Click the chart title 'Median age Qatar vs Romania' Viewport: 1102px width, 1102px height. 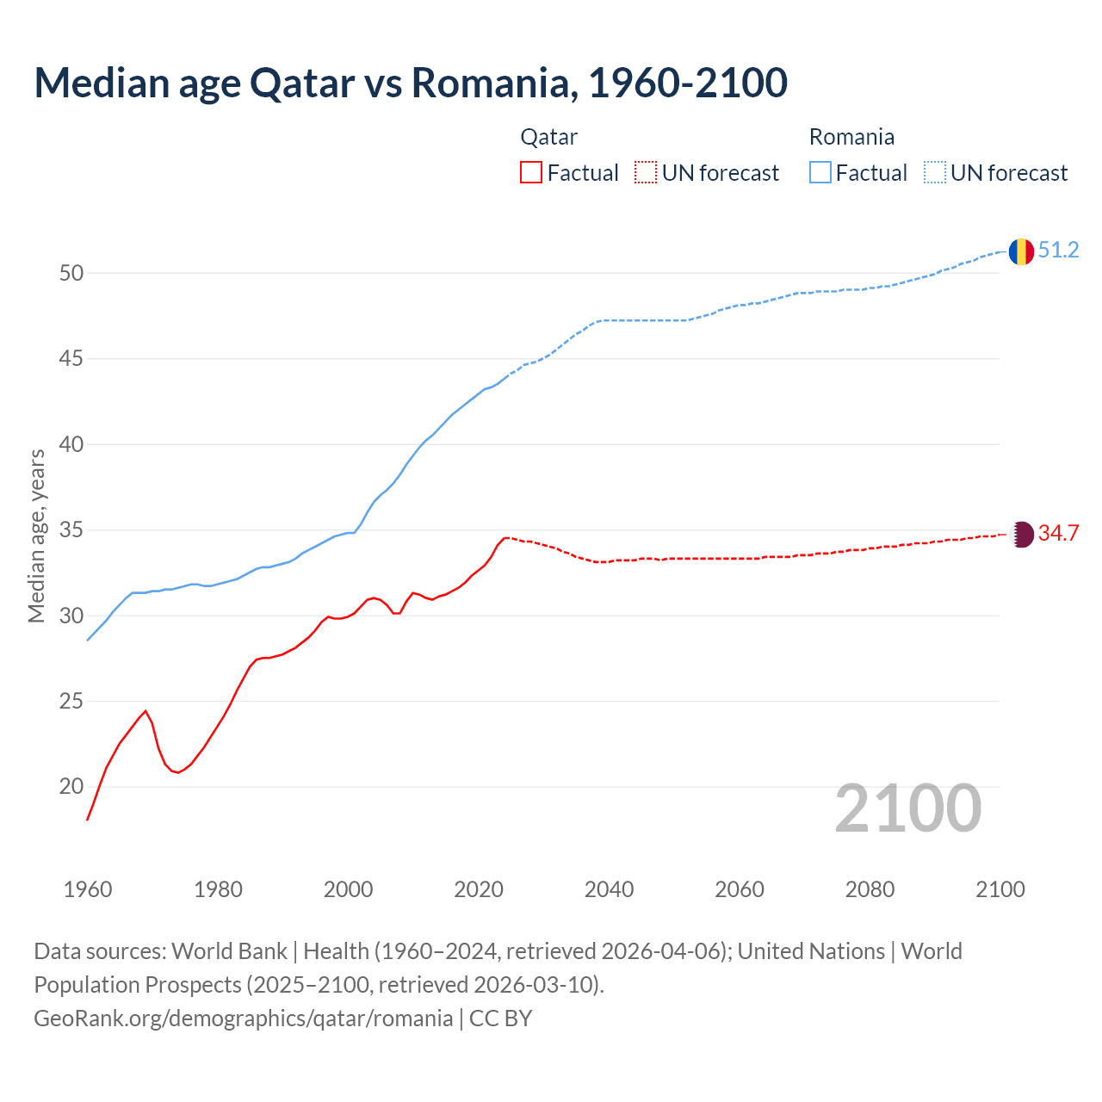coord(411,83)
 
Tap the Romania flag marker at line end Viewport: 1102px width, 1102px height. coord(1020,251)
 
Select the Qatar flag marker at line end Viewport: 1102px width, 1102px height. coord(1021,534)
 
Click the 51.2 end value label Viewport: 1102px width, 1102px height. coord(1058,251)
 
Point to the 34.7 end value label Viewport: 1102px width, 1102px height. coord(1058,534)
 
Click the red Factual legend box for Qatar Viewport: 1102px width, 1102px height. coord(531,173)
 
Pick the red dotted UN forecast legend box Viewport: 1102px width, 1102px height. coord(646,173)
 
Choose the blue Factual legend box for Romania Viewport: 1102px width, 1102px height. coord(820,173)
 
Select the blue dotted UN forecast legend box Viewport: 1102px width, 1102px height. coord(935,173)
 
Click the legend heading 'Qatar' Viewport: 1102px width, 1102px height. coord(548,137)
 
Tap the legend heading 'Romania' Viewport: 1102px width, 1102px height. coord(851,137)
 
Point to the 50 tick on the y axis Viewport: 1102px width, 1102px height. coord(71,274)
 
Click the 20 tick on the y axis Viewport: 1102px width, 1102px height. coord(71,787)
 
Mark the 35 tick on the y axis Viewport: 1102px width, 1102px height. coord(71,530)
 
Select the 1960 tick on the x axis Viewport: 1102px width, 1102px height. coord(88,889)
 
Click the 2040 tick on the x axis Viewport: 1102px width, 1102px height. coord(609,889)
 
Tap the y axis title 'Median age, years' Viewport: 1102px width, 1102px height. coord(36,536)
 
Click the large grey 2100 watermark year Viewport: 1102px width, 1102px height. coord(908,808)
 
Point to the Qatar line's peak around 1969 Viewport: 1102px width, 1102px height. coord(145,711)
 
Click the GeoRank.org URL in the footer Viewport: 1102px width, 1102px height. coord(243,1018)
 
